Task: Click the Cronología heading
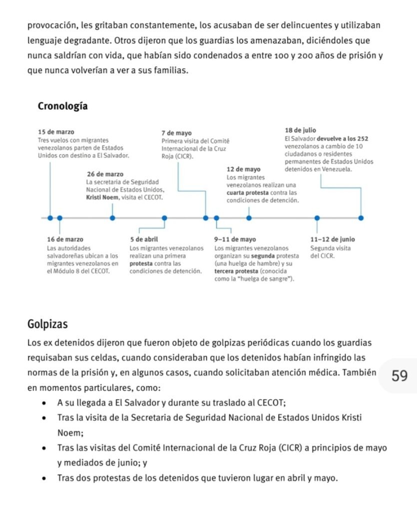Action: tap(62, 106)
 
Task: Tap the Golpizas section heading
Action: tap(47, 324)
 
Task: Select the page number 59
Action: tap(400, 376)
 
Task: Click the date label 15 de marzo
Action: tap(56, 132)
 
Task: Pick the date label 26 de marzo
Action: tap(105, 174)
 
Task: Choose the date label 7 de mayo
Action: tap(177, 133)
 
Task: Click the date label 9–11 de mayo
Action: tap(235, 240)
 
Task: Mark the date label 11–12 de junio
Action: tap(333, 240)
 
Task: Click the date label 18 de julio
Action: tap(300, 131)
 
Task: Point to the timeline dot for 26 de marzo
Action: tap(112, 218)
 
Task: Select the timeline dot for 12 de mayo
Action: tap(249, 218)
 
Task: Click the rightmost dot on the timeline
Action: tap(361, 218)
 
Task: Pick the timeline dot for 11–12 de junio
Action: tap(317, 218)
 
